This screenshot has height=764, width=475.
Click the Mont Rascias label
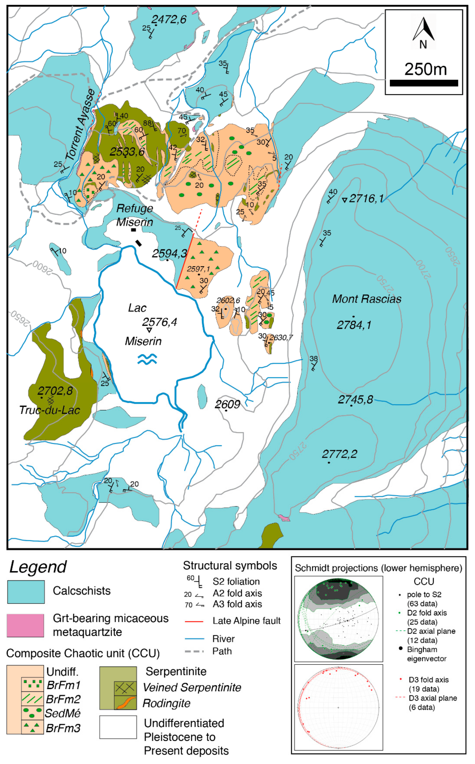[x=367, y=299]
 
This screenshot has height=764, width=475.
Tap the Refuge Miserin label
[x=135, y=215]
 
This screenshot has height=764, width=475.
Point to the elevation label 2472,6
[x=169, y=20]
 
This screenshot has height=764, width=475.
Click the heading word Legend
[x=38, y=567]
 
